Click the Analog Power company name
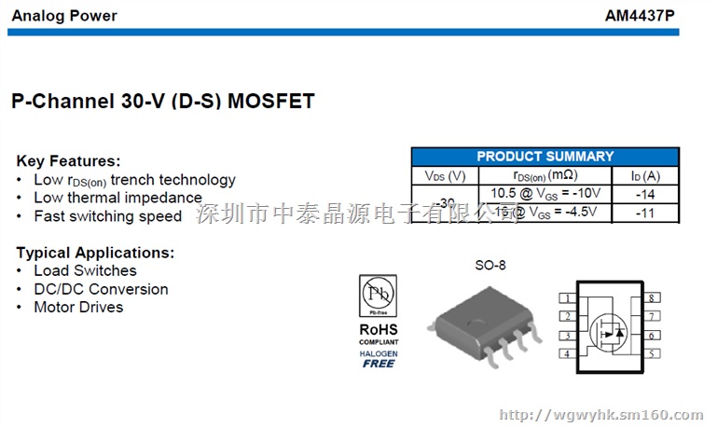click(x=64, y=16)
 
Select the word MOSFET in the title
click(x=269, y=100)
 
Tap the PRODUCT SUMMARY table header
click(x=545, y=157)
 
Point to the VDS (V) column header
click(x=445, y=175)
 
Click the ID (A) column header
click(x=644, y=175)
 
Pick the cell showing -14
click(x=644, y=194)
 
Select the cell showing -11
click(x=644, y=213)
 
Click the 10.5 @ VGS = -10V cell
click(x=545, y=194)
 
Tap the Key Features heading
click(x=69, y=161)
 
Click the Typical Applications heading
click(x=95, y=253)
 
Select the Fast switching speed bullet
click(x=108, y=216)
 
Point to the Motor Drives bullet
click(x=78, y=307)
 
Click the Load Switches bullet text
click(x=85, y=270)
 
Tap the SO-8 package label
click(x=490, y=266)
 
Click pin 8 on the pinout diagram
click(x=654, y=298)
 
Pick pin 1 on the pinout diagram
click(x=567, y=299)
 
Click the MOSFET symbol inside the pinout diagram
click(x=609, y=327)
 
